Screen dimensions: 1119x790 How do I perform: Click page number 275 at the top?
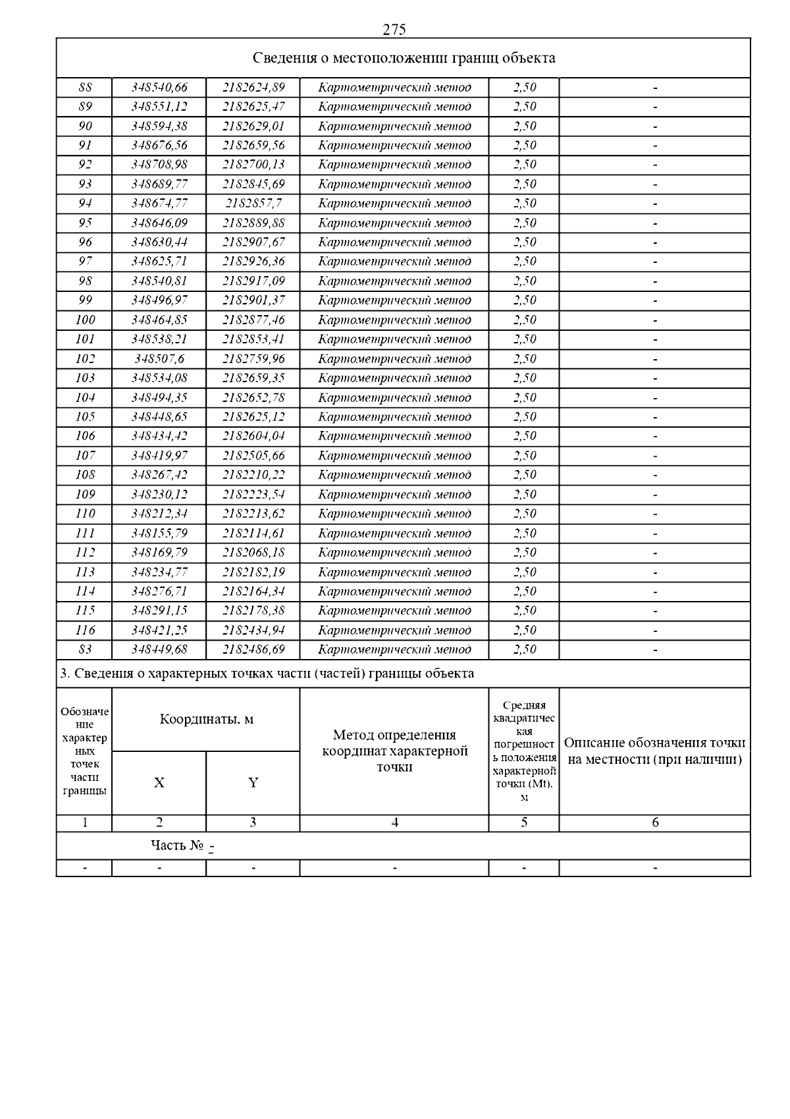394,30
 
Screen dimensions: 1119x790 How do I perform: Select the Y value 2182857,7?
253,204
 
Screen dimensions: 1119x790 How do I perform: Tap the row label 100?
85,320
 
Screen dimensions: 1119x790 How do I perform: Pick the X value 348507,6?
159,359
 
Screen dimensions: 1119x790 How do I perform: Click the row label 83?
85,650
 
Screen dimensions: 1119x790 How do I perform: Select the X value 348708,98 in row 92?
159,165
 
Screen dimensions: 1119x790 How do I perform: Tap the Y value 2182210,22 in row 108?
253,475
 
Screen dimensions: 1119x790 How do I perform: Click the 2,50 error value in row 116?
524,631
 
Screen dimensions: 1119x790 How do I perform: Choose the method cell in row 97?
394,262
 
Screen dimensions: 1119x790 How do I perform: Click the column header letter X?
159,783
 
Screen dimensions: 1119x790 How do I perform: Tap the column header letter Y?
253,783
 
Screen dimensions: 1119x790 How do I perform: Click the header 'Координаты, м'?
206,720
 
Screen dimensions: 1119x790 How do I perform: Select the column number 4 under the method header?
394,822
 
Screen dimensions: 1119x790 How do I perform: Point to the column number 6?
655,822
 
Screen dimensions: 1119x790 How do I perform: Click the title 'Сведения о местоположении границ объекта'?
404,58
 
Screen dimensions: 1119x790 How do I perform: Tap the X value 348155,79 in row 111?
159,533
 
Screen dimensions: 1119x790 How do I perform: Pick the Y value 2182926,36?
253,262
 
